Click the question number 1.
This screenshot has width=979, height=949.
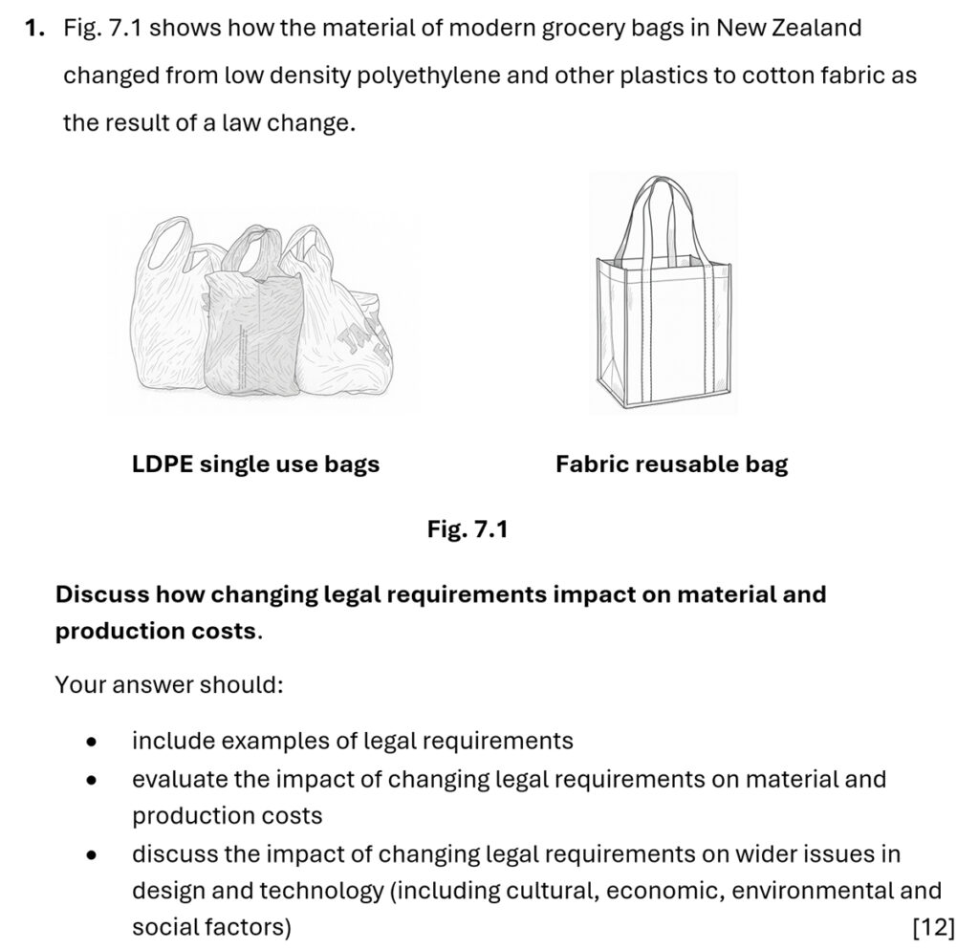point(34,29)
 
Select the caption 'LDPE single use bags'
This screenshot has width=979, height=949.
point(255,464)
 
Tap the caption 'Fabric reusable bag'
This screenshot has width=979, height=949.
point(671,464)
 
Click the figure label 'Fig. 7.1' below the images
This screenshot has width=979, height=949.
point(467,528)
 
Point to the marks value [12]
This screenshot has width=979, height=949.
point(934,927)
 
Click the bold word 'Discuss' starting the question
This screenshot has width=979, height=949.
point(102,594)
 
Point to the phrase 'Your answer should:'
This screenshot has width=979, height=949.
point(168,685)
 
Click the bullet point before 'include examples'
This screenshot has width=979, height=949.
point(91,742)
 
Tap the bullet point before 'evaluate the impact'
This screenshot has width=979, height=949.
point(91,780)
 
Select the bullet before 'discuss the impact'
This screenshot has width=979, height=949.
point(91,853)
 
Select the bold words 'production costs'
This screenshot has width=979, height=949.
point(156,632)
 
